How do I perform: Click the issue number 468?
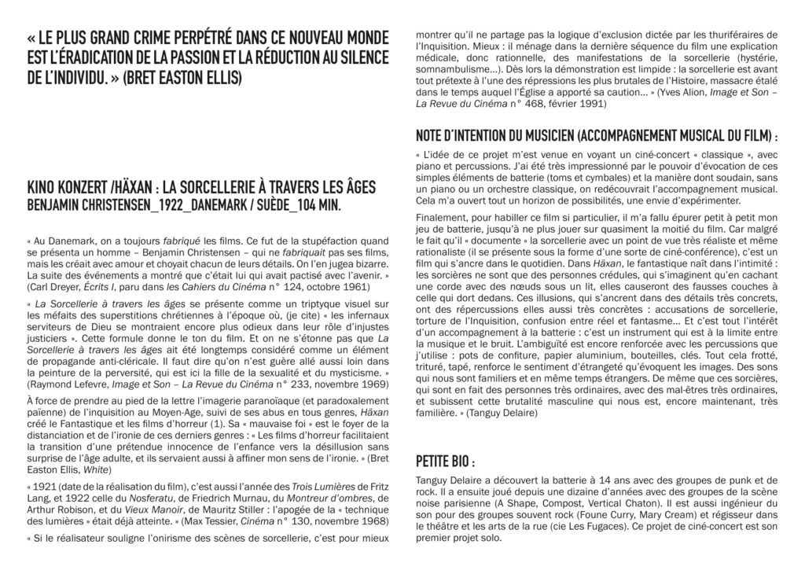[537, 103]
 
